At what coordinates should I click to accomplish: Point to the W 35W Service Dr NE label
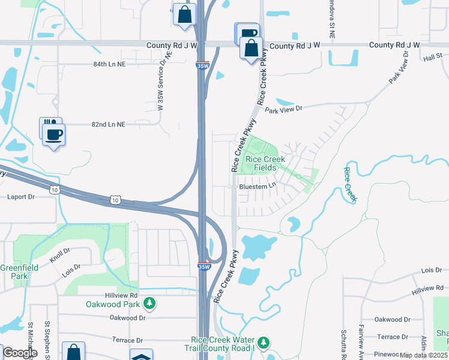point(165,82)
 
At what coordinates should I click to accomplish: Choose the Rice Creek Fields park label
point(265,164)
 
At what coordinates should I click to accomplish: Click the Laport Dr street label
point(22,196)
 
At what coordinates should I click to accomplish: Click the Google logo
point(19,352)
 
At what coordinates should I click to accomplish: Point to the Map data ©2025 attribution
point(423,355)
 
